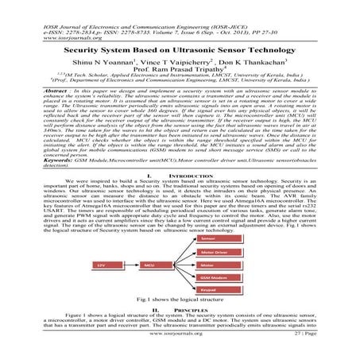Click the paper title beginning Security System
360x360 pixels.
tap(180, 48)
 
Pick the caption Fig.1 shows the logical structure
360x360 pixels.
tap(180, 299)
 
